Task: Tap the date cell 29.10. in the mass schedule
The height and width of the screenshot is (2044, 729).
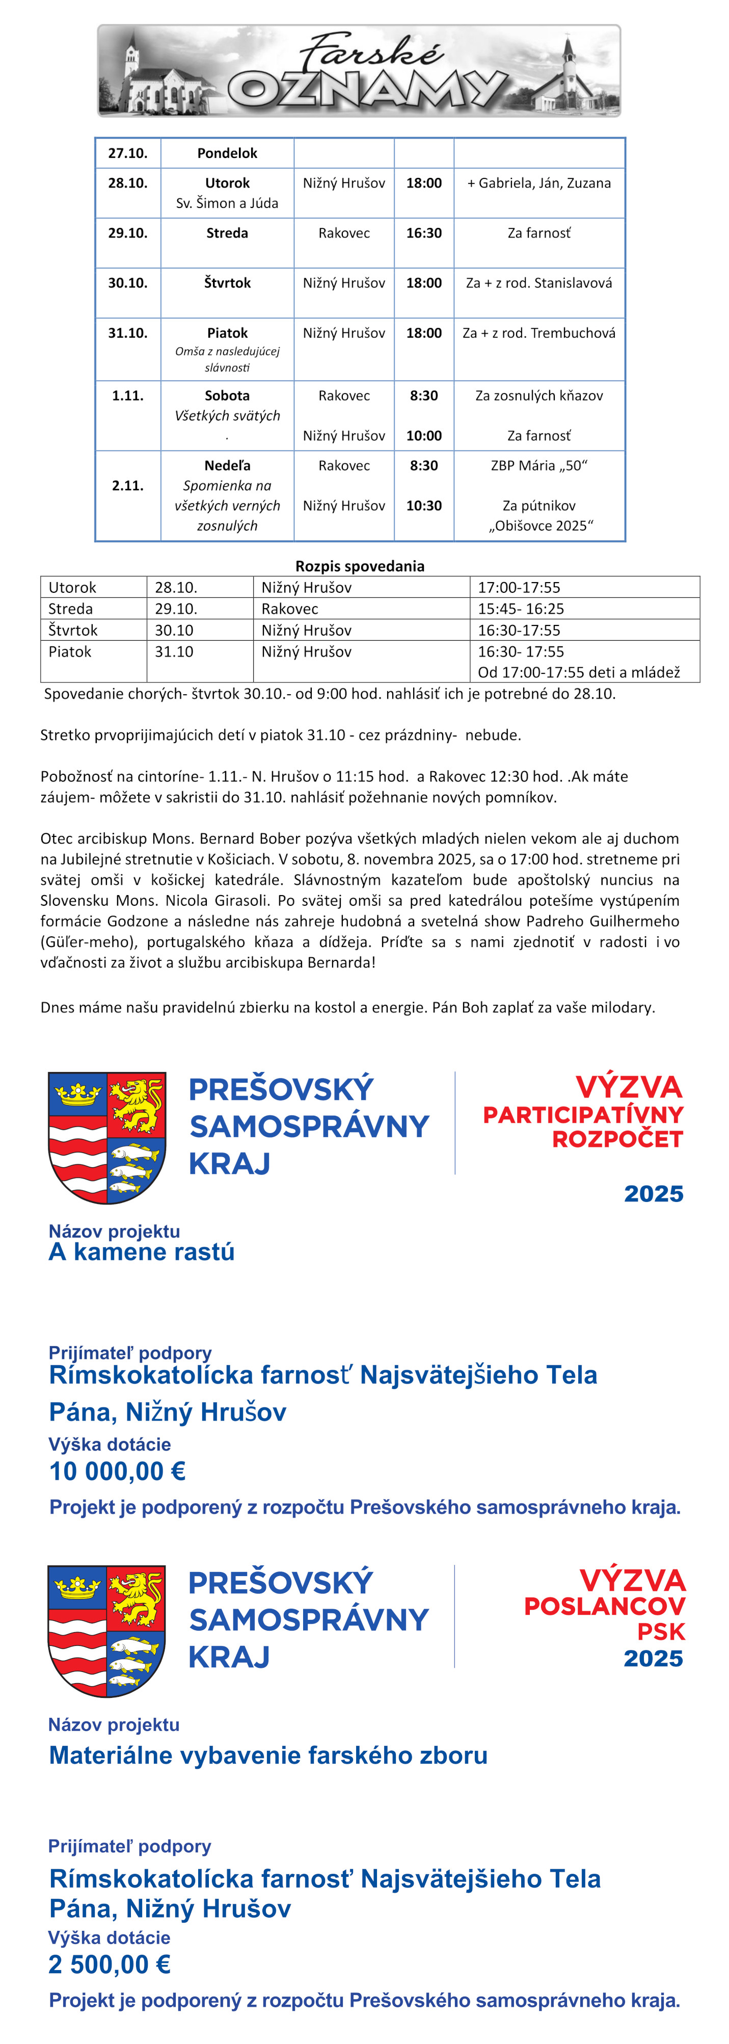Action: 128,233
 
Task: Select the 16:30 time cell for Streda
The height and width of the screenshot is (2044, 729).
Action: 424,233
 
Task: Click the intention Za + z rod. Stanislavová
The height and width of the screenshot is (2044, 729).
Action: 538,283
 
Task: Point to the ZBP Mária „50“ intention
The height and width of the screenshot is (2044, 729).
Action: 538,466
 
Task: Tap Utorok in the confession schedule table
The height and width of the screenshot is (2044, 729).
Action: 72,587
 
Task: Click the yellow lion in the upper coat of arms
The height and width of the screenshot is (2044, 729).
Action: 137,1104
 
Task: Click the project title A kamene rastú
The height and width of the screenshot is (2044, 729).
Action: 142,1252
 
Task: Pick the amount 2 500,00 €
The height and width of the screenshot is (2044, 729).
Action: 110,1964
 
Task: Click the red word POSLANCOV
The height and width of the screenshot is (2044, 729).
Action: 605,1607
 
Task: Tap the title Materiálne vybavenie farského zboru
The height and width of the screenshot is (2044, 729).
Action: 268,1755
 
